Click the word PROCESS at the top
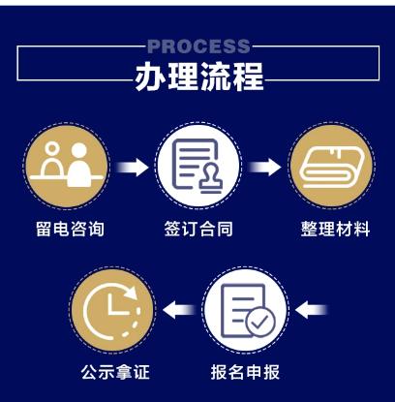(198, 46)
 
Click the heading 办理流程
(199, 77)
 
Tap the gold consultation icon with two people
(67, 166)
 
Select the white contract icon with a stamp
(198, 166)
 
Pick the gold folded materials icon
(331, 166)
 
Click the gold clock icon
(112, 310)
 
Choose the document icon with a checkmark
(246, 310)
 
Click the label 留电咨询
(70, 229)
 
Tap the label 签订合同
(198, 229)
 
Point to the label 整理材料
(335, 229)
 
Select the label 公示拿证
(115, 372)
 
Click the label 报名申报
(245, 372)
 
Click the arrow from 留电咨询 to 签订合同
(133, 168)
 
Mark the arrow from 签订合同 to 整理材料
(264, 168)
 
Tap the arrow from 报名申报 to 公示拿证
(179, 310)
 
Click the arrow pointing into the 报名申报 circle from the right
(312, 310)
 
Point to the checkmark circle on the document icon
(260, 322)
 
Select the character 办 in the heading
(150, 77)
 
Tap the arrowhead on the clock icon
(131, 293)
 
